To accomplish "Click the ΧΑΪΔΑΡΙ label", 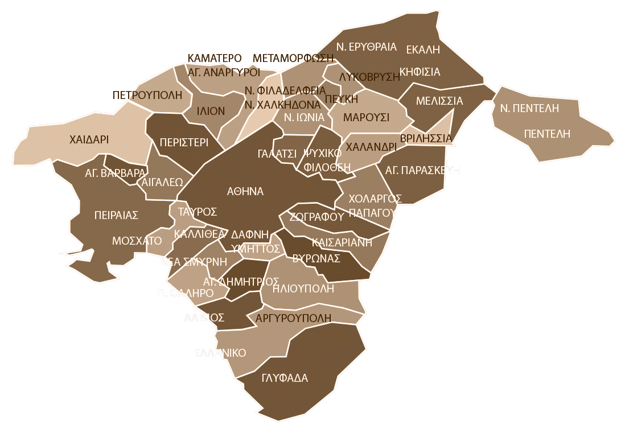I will (x=89, y=139).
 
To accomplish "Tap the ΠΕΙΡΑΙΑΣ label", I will (x=116, y=215).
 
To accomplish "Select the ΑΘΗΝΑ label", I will (x=245, y=192).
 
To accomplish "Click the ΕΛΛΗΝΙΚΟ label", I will (x=220, y=353).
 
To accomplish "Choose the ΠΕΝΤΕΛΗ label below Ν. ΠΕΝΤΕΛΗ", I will (x=547, y=134).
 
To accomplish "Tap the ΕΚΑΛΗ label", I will (x=423, y=50).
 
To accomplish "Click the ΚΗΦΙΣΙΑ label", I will (x=420, y=72).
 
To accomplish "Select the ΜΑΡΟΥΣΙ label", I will (x=367, y=117).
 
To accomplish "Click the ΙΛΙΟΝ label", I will (x=211, y=111).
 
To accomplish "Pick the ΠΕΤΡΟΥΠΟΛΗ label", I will (x=147, y=94).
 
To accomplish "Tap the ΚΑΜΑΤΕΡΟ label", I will (x=215, y=58).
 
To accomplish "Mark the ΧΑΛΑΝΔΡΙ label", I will (x=371, y=146).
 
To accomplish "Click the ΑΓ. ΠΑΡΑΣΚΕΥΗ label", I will (x=422, y=170).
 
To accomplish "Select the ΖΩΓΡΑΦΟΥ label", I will (x=316, y=216).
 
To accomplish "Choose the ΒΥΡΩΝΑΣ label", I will (x=316, y=258).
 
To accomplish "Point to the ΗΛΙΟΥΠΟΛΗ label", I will (x=303, y=288).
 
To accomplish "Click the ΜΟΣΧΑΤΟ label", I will (x=137, y=241).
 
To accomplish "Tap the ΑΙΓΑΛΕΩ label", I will (x=162, y=182).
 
